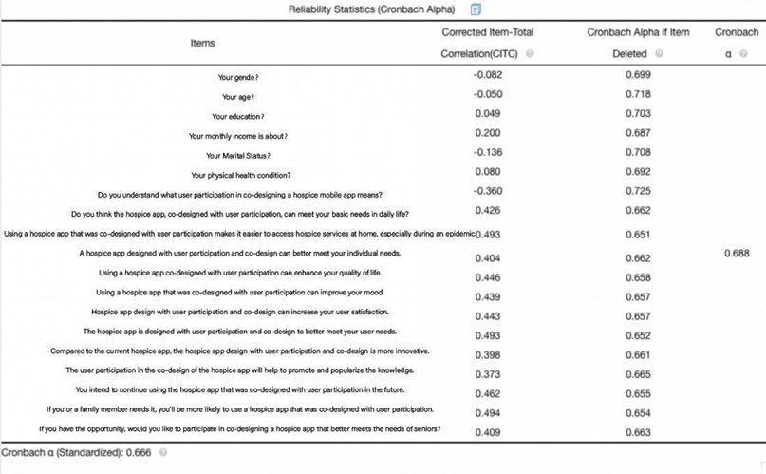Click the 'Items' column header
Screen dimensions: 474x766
point(201,43)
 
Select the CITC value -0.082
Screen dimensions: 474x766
point(487,73)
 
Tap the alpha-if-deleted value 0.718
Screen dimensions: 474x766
point(638,94)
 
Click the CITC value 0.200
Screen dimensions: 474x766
point(487,133)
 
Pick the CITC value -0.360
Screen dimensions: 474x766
point(487,191)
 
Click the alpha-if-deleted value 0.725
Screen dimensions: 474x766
point(638,191)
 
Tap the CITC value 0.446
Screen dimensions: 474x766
point(487,277)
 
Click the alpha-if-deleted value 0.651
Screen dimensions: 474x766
point(638,233)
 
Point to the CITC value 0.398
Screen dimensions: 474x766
point(487,353)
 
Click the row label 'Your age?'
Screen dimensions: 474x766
point(241,96)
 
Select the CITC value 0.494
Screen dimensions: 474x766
point(487,411)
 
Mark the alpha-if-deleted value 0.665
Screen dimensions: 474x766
point(638,373)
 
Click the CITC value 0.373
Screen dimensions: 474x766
point(487,373)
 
